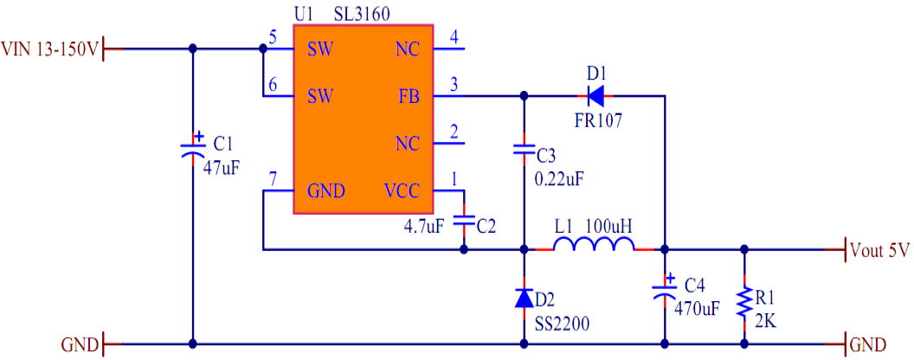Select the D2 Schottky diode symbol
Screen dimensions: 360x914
(x=525, y=299)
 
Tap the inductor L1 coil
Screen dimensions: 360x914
(x=594, y=248)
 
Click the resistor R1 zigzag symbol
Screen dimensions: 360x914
(x=743, y=304)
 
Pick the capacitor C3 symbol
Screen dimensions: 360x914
(x=525, y=149)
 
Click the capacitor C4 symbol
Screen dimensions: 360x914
(x=664, y=290)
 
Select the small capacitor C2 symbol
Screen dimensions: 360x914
(x=465, y=222)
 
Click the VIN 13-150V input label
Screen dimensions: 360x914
(x=50, y=49)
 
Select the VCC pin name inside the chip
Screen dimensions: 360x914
(x=402, y=191)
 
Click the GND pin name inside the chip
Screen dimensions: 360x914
(x=326, y=191)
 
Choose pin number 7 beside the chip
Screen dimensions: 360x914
(x=273, y=179)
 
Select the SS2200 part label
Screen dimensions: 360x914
(x=562, y=322)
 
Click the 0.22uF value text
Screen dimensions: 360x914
(x=560, y=179)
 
